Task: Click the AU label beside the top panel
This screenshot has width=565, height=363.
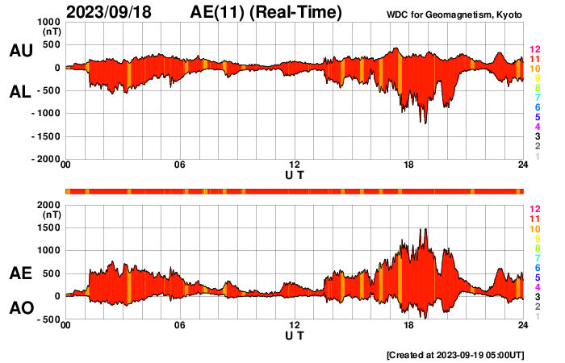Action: [x=20, y=51]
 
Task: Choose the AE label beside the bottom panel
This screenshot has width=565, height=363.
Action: [x=20, y=273]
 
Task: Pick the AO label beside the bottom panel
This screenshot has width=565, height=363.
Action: [x=20, y=308]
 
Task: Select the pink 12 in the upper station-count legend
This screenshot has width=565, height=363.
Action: [x=534, y=50]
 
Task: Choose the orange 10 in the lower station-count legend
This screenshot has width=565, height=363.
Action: [x=534, y=229]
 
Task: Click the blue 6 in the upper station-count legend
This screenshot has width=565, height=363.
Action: [x=537, y=107]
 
